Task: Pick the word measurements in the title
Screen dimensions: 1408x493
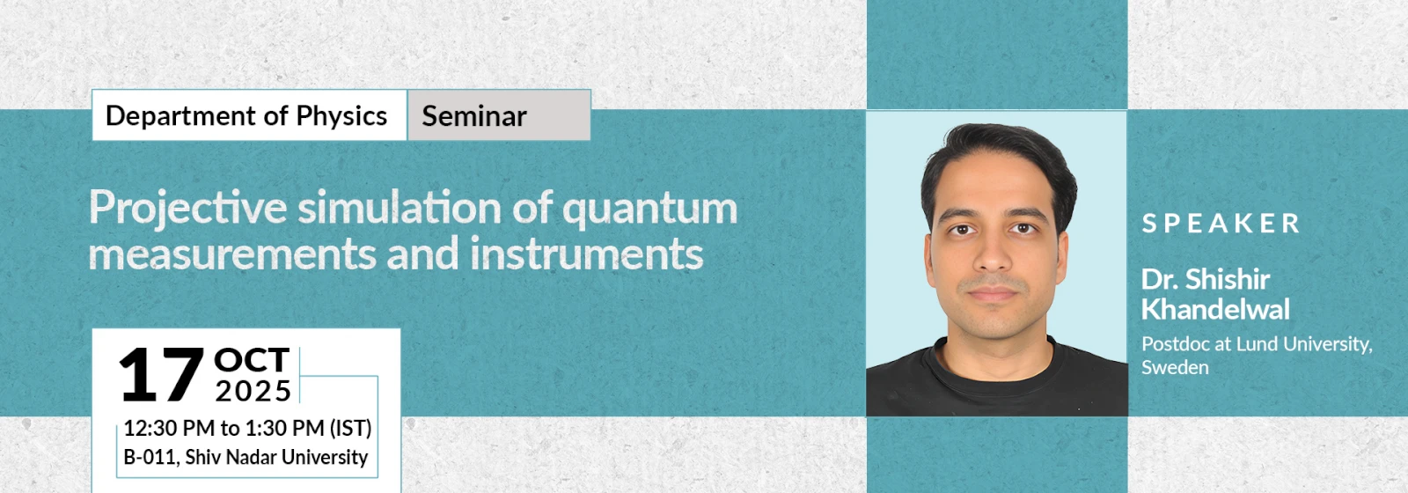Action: coord(232,254)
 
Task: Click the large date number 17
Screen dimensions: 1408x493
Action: coord(162,375)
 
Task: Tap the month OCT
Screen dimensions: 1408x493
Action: coord(252,360)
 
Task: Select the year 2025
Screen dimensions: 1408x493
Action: coord(253,391)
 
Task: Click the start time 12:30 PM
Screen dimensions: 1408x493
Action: coord(169,428)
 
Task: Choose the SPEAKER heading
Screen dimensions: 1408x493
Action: coord(1220,224)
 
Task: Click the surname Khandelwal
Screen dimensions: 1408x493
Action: coord(1215,309)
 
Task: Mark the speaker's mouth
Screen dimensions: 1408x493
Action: coord(993,293)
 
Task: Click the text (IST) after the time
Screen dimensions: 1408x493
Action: coord(351,428)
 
